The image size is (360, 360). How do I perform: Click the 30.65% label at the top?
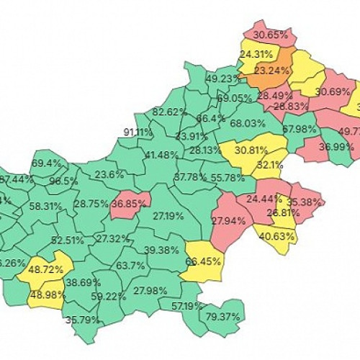point(271,35)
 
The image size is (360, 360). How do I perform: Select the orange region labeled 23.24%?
point(273,71)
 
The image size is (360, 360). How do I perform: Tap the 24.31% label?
point(256,54)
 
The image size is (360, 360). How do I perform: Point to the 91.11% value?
point(138,132)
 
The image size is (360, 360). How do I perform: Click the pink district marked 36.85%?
point(128,204)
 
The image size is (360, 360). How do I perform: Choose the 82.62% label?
point(169,112)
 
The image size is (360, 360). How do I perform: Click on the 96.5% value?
point(63,181)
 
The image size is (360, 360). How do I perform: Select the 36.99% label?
point(336,146)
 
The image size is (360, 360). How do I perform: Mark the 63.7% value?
point(130,266)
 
